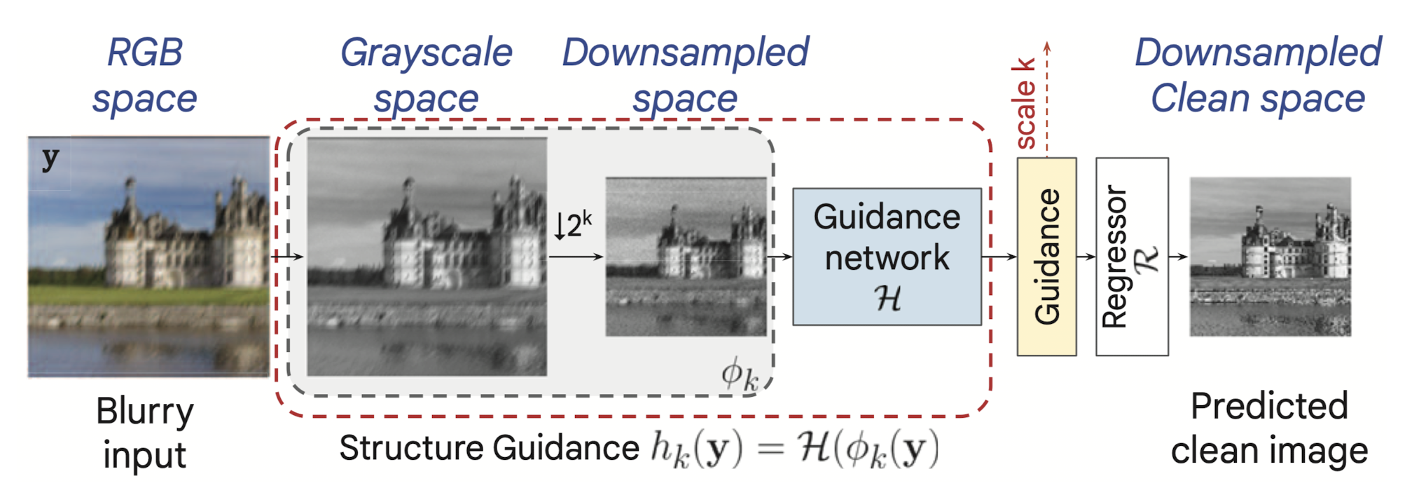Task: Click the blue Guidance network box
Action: pyautogui.click(x=886, y=256)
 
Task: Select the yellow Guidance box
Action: pyautogui.click(x=1046, y=257)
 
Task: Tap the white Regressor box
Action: pyautogui.click(x=1131, y=257)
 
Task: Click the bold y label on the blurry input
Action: pyautogui.click(x=50, y=159)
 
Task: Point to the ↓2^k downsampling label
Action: pyautogui.click(x=573, y=226)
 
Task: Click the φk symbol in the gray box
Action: pyautogui.click(x=740, y=374)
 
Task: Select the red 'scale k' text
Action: pyautogui.click(x=1024, y=104)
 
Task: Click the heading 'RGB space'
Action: pyautogui.click(x=145, y=75)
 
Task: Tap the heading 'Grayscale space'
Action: pyautogui.click(x=426, y=75)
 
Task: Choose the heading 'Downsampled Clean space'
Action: pyautogui.click(x=1258, y=75)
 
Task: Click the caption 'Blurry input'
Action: pyautogui.click(x=145, y=433)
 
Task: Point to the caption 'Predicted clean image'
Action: pyautogui.click(x=1269, y=428)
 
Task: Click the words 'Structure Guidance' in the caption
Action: pyautogui.click(x=489, y=448)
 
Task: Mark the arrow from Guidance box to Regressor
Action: pyautogui.click(x=1086, y=257)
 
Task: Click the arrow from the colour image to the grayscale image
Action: pyautogui.click(x=288, y=257)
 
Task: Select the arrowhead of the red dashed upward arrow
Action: pyautogui.click(x=1047, y=47)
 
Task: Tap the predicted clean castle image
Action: pyautogui.click(x=1270, y=257)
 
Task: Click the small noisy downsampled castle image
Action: pyautogui.click(x=686, y=257)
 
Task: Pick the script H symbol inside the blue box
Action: pyautogui.click(x=887, y=298)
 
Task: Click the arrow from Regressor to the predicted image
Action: pyautogui.click(x=1179, y=257)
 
